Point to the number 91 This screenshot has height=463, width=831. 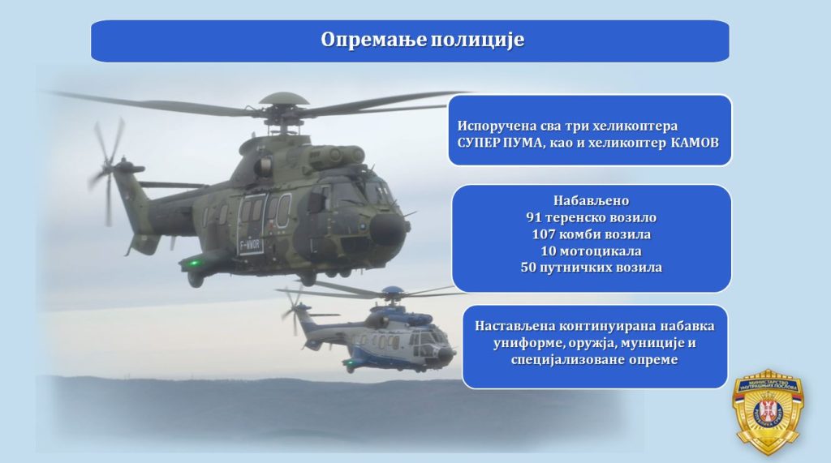533,217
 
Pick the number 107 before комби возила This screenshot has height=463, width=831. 543,234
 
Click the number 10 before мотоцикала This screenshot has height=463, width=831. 548,251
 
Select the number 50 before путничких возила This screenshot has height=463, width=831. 528,267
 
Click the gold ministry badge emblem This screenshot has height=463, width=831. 769,412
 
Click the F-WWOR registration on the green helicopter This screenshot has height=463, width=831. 250,245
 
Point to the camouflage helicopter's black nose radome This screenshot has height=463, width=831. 386,230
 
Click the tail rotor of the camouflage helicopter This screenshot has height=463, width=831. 108,169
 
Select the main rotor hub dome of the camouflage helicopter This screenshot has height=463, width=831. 284,99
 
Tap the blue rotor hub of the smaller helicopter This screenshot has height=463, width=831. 392,291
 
